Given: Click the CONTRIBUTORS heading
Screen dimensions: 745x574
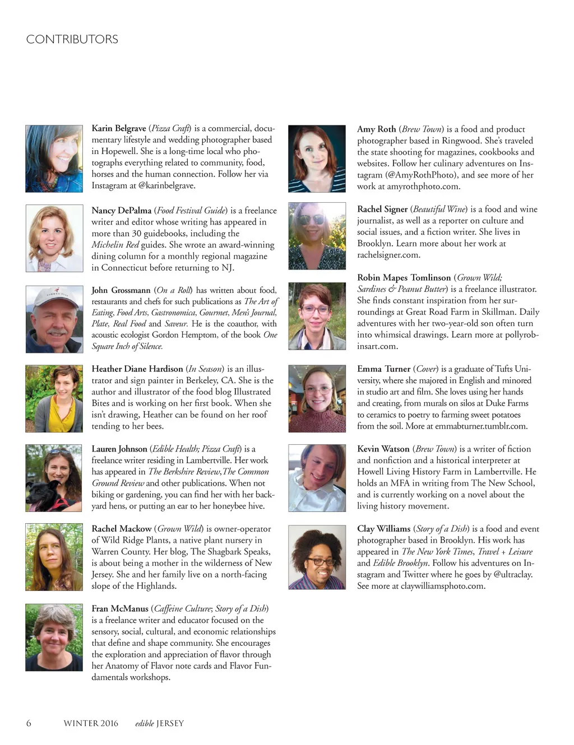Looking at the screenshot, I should [72, 39].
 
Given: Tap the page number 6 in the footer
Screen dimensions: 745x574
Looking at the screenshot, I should [29, 723].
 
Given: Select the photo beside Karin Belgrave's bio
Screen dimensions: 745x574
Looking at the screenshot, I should [54, 159].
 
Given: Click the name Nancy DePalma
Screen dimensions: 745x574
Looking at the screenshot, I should [121, 211].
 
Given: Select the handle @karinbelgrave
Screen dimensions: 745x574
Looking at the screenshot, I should [166, 185].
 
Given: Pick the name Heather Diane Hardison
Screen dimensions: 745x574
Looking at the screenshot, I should [137, 369].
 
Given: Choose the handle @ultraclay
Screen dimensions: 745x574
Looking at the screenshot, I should [512, 574].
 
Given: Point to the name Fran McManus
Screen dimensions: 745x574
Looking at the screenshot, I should [120, 609].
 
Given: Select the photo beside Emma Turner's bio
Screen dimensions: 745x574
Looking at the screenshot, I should [317, 399].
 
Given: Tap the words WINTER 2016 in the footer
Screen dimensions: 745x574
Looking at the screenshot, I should [91, 723].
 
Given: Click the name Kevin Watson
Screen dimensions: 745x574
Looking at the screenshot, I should [383, 449].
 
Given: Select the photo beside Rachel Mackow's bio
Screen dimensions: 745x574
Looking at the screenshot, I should [54, 557].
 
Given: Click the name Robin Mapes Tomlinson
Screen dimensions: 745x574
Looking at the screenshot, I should [404, 278].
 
